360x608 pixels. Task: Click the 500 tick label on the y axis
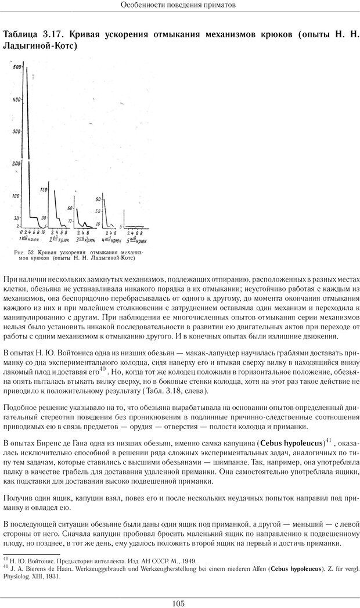17,67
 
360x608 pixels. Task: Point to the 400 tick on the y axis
17,99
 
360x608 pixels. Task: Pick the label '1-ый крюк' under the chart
27,238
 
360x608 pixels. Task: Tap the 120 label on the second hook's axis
43,190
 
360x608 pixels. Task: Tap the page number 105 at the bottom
179,603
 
